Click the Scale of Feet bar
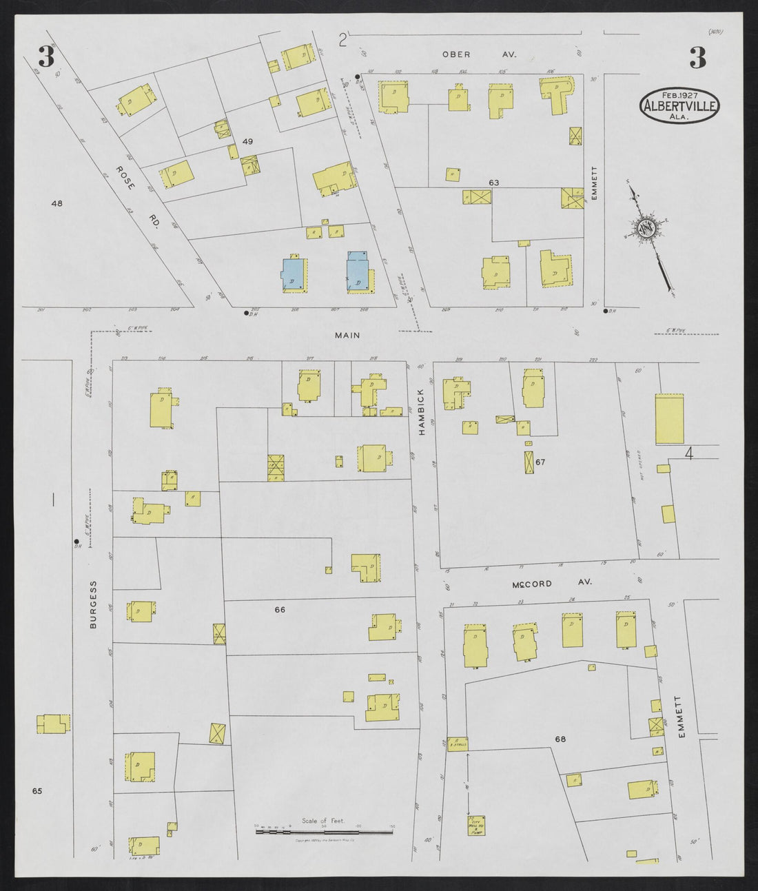(x=324, y=832)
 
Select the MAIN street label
(x=348, y=336)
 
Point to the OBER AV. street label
(x=478, y=54)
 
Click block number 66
(x=280, y=609)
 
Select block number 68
(x=560, y=739)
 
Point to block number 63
(x=493, y=183)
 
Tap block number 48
(x=57, y=203)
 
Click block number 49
(x=247, y=141)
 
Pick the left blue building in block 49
(x=292, y=274)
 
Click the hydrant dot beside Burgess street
(x=76, y=542)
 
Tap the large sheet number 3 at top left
(x=47, y=57)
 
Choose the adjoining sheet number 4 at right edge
(x=688, y=453)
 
